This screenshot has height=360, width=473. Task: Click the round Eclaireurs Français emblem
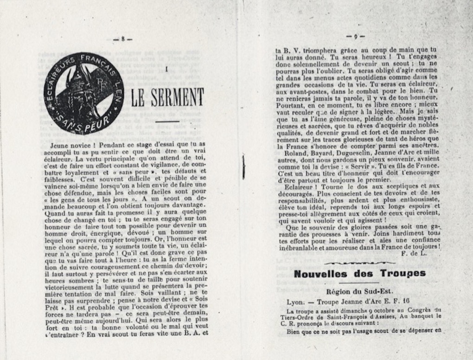tap(84, 93)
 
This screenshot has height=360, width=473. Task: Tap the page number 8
tap(123, 39)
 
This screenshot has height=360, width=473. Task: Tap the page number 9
tap(356, 36)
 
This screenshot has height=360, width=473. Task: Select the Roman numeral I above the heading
tap(166, 70)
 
